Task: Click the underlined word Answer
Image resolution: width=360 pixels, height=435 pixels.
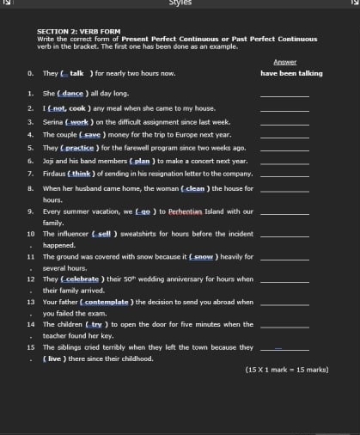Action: coord(284,62)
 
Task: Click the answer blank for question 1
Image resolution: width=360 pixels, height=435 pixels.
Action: coord(284,95)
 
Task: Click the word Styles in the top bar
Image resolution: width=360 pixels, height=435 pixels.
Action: coord(180,3)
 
